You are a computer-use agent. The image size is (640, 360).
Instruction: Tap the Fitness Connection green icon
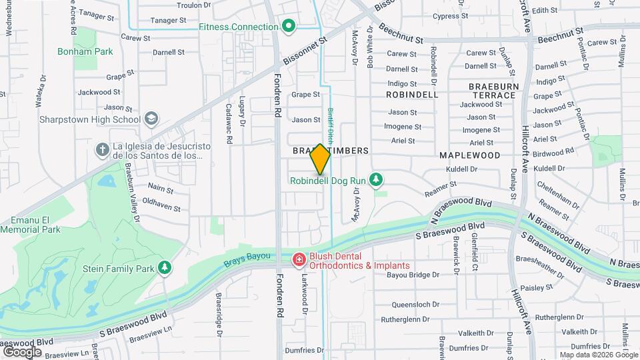(x=288, y=27)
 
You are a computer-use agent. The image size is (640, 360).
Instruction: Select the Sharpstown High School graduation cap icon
(x=151, y=119)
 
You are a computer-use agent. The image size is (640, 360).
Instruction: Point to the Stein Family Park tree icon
(x=164, y=268)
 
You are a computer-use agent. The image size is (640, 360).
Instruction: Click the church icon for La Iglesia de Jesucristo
(x=102, y=149)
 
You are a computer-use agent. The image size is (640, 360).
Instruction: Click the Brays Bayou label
(x=247, y=256)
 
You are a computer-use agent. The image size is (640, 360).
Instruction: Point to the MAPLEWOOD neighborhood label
(x=469, y=155)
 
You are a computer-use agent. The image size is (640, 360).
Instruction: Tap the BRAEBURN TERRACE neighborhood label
(x=492, y=91)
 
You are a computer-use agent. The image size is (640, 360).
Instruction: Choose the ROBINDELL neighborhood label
(x=412, y=95)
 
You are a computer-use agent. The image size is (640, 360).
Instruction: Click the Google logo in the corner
(x=22, y=352)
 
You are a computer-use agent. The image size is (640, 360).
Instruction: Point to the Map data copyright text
(x=598, y=355)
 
